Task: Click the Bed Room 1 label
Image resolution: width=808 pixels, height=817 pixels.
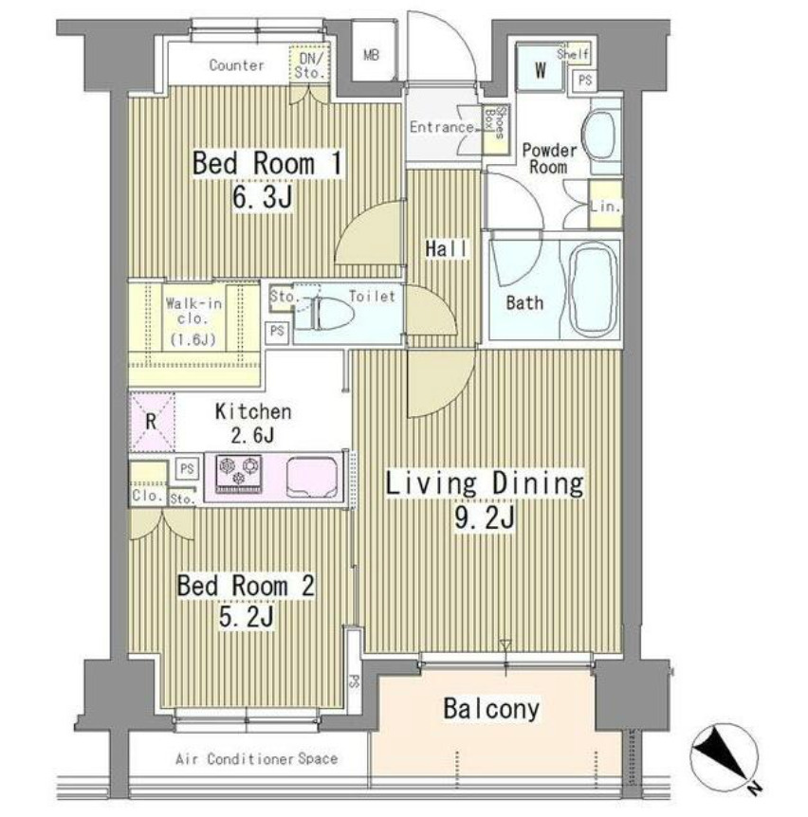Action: coord(267,163)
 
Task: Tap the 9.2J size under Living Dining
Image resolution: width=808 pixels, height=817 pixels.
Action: coord(485,517)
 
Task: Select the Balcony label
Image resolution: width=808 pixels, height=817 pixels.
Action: coord(491,709)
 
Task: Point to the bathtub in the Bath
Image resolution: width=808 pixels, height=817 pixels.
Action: coord(595,290)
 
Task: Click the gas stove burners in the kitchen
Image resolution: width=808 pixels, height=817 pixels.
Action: coord(239,474)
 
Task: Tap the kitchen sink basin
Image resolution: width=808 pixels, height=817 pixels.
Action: coord(312,477)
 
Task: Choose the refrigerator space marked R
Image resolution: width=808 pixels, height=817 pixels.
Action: coord(151,422)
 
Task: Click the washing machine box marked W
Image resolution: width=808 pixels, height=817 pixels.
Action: coord(540,70)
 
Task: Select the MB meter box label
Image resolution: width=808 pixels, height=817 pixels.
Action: coord(371,55)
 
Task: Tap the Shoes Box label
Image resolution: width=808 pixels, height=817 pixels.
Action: coord(494,122)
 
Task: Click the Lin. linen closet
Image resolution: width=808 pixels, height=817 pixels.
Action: coord(605,205)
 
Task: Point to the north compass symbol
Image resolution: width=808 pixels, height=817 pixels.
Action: coord(724,757)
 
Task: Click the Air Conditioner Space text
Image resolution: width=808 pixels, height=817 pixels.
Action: coord(256,758)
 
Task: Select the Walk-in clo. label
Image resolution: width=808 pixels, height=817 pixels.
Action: coord(193,311)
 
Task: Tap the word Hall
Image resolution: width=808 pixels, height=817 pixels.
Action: coord(446,249)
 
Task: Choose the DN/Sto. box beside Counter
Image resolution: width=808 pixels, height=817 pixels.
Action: coord(310,64)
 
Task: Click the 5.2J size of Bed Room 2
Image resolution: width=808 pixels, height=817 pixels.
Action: coord(246,618)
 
